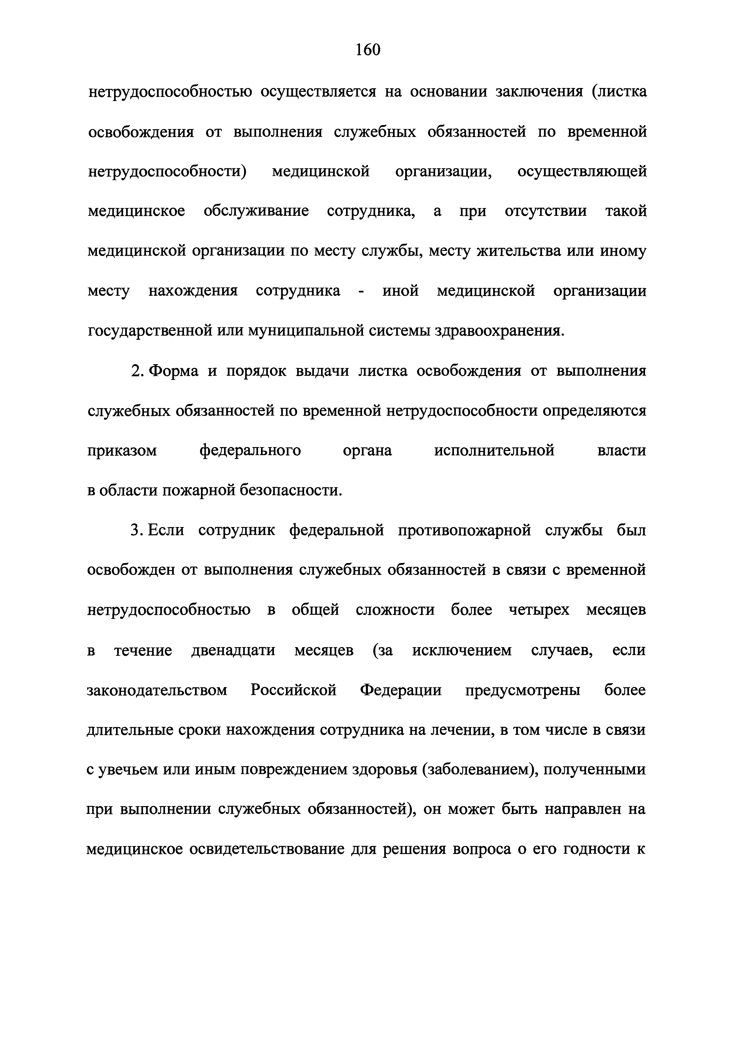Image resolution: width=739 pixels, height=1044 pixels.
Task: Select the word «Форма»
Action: coord(174,371)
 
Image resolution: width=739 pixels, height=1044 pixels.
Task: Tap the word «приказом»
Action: coord(122,451)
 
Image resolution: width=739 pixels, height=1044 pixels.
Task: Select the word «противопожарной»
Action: coord(465,531)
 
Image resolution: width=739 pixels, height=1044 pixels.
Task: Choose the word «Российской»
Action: coord(293,690)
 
